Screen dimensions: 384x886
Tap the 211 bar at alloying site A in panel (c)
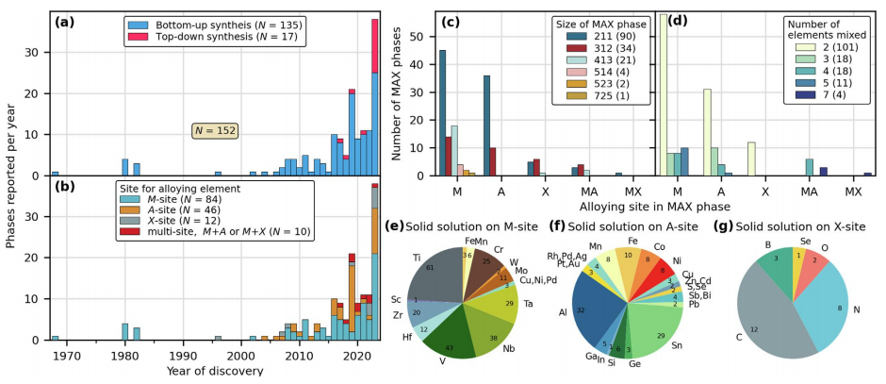(486, 125)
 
